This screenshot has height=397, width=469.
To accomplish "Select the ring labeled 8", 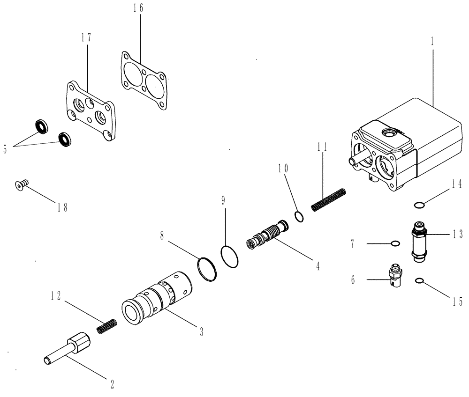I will [207, 269].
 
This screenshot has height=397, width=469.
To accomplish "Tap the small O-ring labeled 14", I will [420, 204].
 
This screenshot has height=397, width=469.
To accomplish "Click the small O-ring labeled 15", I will [419, 281].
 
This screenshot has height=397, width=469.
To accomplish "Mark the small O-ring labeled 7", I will [395, 243].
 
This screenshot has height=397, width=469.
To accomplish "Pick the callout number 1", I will [432, 41].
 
